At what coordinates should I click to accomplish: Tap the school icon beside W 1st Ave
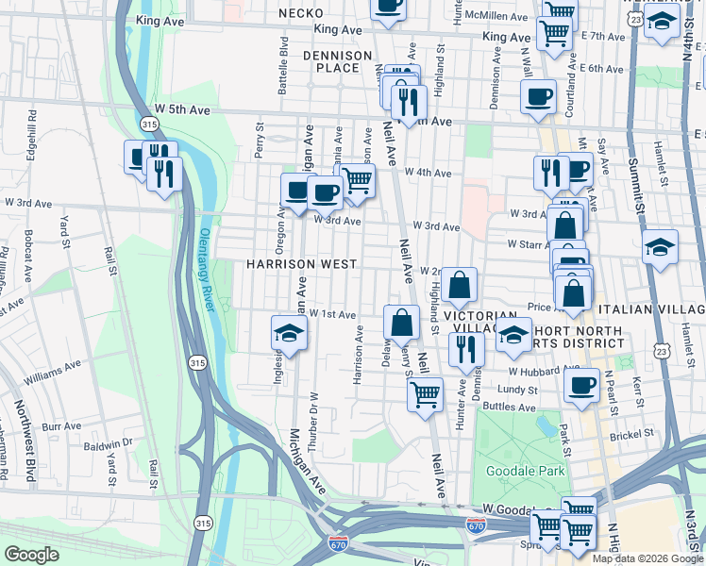coord(290,333)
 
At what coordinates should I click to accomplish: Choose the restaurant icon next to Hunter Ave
coord(466,350)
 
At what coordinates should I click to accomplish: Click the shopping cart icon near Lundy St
coord(425,393)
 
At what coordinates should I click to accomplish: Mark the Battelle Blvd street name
coord(282,58)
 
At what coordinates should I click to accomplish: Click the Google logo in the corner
coord(31,555)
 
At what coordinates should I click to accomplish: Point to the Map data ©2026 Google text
coord(647,558)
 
